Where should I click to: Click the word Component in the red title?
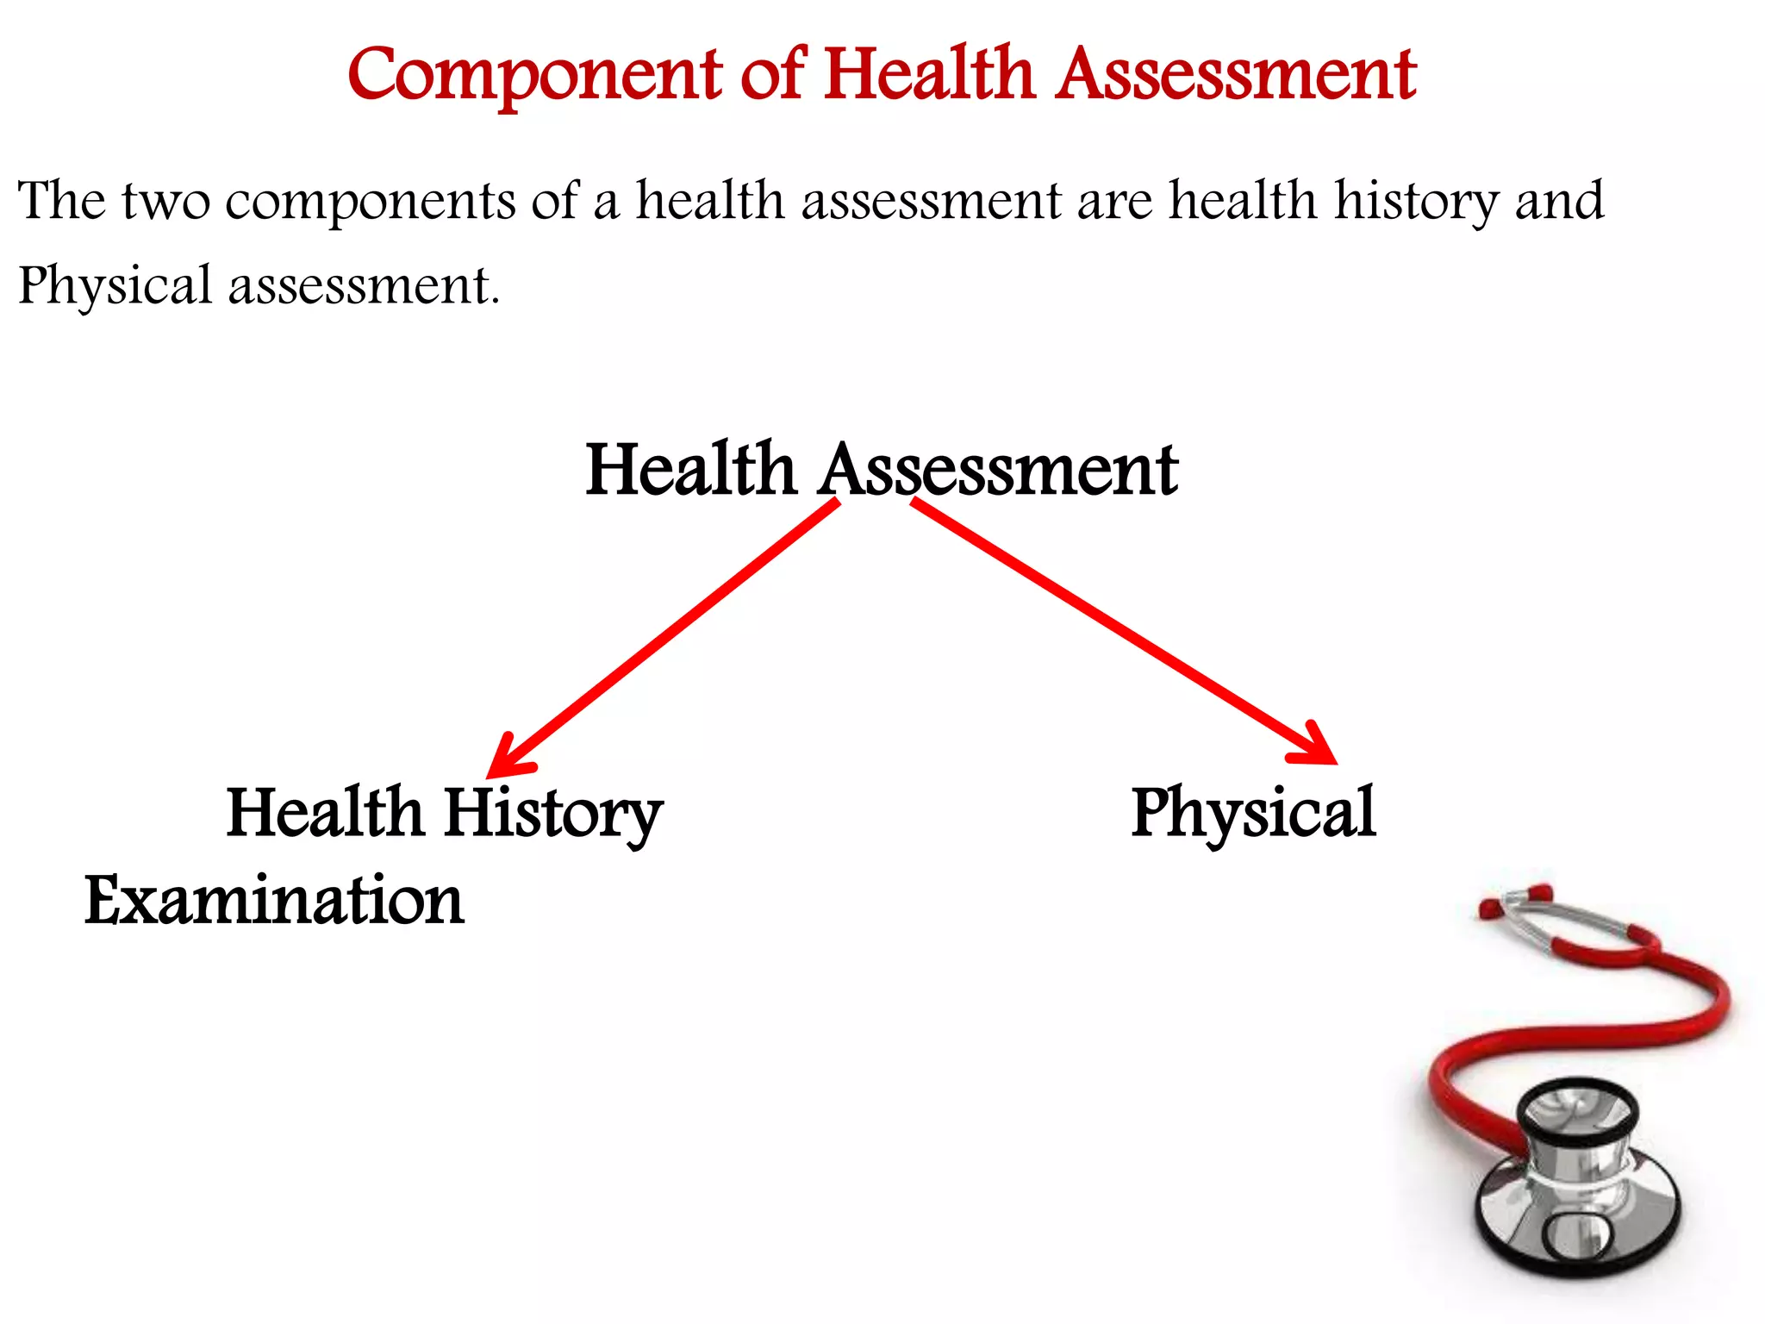coord(534,76)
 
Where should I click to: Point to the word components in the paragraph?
coord(370,203)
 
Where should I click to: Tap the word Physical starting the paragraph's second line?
coord(115,287)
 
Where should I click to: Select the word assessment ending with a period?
coord(362,287)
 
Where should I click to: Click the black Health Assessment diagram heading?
coord(881,470)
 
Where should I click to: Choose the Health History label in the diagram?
coord(444,813)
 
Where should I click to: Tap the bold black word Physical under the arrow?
coord(1254,813)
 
